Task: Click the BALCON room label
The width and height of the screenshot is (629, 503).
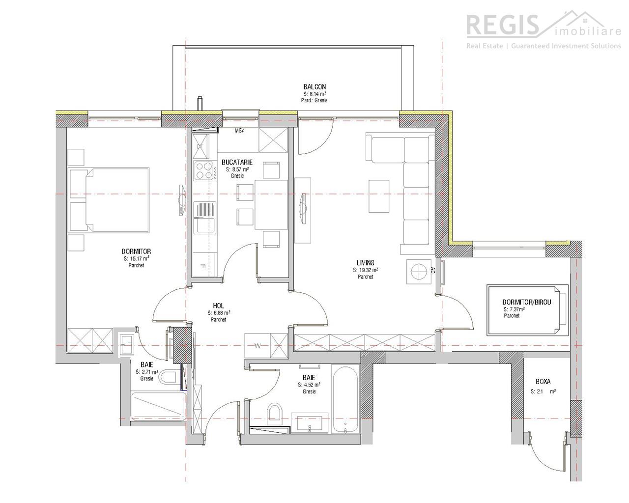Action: click(314, 87)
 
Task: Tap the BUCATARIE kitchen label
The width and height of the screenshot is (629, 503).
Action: click(237, 162)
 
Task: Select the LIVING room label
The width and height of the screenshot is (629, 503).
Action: click(365, 263)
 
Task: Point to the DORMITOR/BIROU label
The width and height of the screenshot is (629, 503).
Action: click(527, 302)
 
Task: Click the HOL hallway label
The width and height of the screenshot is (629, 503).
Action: click(218, 306)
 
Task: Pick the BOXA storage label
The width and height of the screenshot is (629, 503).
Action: click(543, 381)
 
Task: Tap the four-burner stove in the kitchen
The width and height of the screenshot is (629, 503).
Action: click(205, 170)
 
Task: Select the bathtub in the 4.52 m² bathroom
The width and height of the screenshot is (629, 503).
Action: click(345, 399)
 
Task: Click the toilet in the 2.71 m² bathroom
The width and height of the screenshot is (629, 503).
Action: click(168, 377)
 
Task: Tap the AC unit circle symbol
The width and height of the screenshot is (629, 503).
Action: click(419, 272)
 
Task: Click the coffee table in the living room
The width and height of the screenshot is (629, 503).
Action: click(379, 196)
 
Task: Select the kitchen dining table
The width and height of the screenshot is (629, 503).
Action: click(271, 205)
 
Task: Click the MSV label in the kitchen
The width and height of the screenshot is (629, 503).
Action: click(239, 131)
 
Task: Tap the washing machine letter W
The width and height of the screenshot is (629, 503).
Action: click(257, 346)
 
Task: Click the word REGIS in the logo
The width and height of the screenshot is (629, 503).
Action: click(502, 26)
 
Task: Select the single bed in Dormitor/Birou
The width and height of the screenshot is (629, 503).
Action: click(528, 310)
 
